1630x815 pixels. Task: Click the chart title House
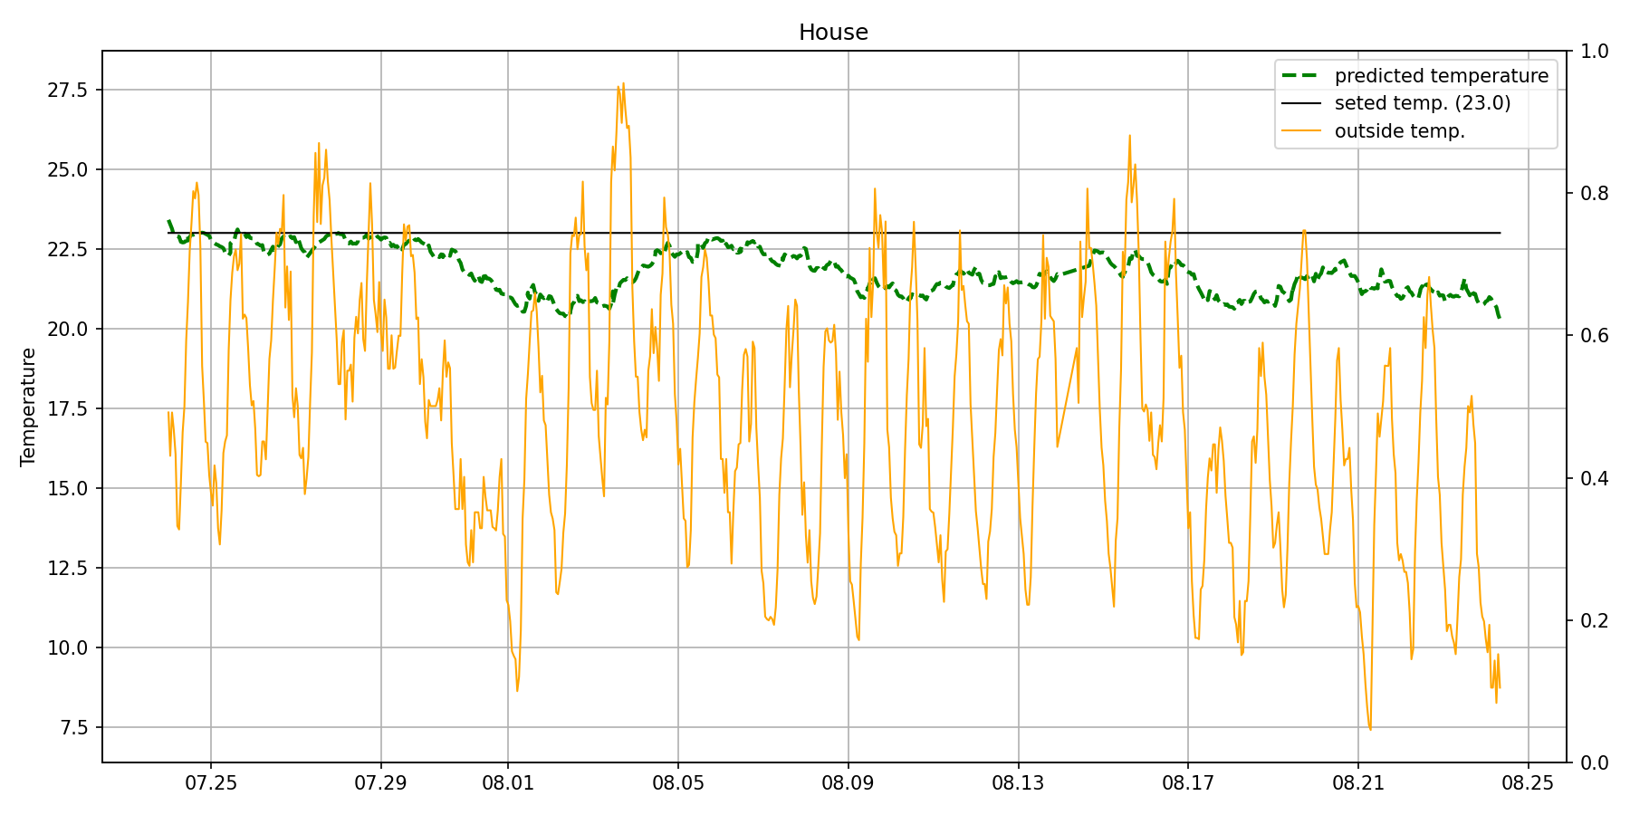pos(833,33)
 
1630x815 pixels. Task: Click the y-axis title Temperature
pos(28,407)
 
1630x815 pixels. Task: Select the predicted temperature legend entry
pos(1441,76)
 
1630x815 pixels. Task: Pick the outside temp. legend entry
pos(1399,131)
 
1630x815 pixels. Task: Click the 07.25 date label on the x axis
pos(211,782)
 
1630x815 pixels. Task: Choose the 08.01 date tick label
pos(507,782)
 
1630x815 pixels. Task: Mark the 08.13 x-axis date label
pos(1018,782)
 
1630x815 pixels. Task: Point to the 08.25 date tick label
pos(1528,782)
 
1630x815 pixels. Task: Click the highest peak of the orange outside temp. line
pos(623,83)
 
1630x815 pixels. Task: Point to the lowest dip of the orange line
pos(1370,730)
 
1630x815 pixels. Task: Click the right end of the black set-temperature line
pos(1500,233)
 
